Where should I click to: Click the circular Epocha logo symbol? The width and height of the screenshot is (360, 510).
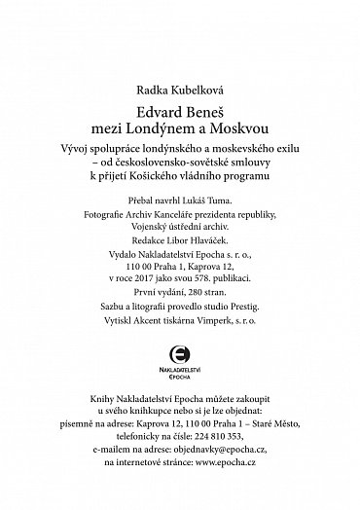point(180,356)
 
